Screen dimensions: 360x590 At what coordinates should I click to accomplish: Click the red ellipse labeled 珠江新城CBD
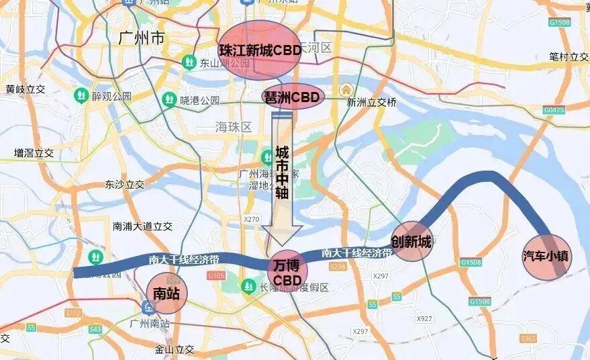coord(260,50)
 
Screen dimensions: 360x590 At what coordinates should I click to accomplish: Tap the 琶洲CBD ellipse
coord(293,97)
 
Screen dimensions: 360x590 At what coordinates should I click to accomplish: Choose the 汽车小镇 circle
coord(547,257)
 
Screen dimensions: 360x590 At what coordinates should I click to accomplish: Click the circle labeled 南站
coord(166,293)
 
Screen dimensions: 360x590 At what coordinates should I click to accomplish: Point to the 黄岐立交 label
coord(25,89)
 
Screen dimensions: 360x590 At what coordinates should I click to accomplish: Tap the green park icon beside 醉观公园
coord(81,96)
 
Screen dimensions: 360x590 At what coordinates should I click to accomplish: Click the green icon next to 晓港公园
coord(169,101)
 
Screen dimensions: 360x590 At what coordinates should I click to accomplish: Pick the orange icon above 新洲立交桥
coord(346,89)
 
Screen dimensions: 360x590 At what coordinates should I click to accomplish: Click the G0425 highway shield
coord(554,109)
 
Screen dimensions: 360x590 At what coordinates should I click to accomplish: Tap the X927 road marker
coord(424,318)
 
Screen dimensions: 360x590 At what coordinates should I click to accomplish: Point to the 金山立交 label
coord(174,349)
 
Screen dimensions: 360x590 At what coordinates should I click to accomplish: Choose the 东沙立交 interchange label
coord(124,184)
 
